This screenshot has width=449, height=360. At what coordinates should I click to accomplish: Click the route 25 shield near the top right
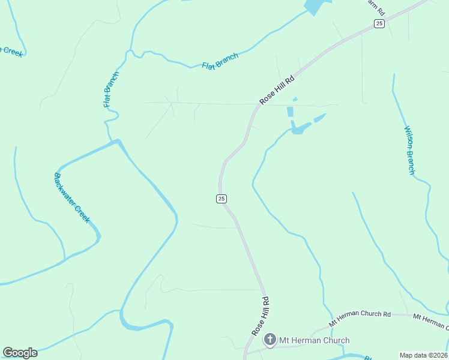coord(379,23)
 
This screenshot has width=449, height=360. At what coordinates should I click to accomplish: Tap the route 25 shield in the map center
coord(221,199)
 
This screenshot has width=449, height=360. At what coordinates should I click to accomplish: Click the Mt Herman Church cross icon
coord(270,340)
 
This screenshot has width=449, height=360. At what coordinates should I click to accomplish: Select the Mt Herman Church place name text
coord(314,341)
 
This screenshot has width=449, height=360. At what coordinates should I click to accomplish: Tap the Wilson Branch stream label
coord(409,150)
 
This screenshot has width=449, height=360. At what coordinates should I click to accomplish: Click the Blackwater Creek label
coord(71,197)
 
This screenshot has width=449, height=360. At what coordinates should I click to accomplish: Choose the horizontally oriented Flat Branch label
coord(220,61)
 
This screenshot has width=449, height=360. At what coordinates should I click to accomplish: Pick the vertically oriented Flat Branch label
coord(111,89)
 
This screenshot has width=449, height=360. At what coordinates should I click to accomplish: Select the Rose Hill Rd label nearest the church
coord(260,315)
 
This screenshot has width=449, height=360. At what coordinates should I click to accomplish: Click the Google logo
coord(20,353)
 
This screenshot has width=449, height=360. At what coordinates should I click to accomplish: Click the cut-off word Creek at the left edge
coord(12,52)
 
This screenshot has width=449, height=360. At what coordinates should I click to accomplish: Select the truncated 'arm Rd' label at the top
coord(376,7)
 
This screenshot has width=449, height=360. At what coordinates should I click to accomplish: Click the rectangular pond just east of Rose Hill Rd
coord(290,112)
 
